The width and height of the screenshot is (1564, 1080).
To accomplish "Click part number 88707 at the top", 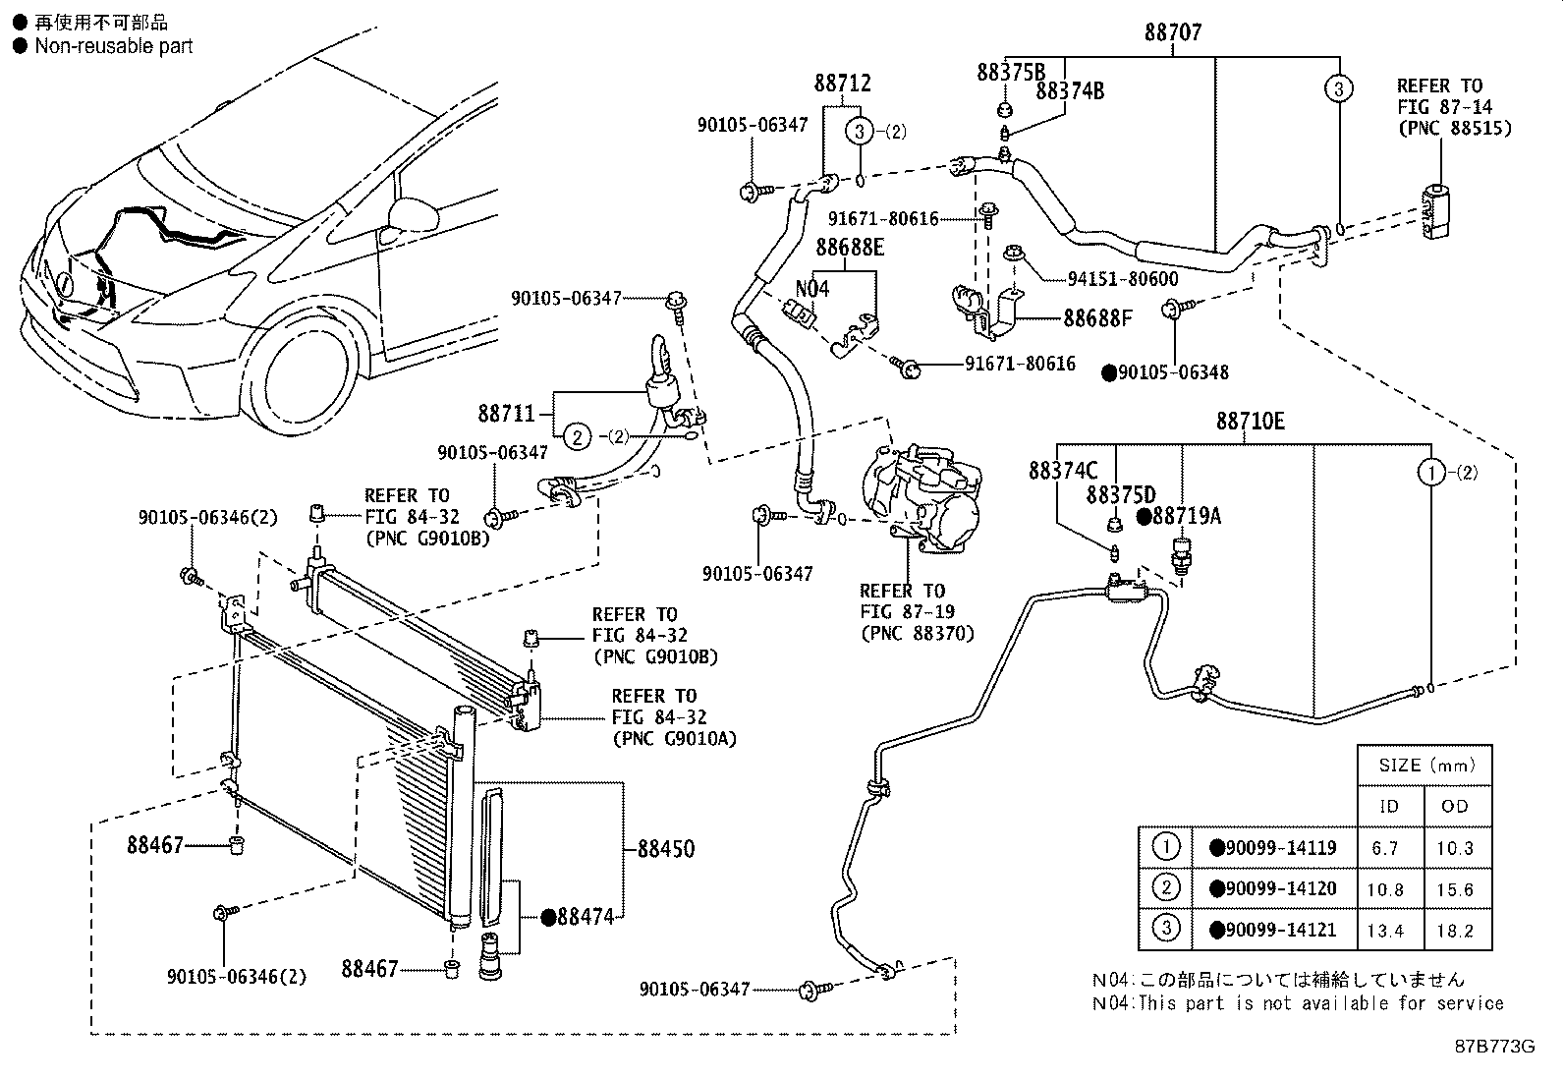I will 1172,32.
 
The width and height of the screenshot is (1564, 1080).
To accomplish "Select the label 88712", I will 842,85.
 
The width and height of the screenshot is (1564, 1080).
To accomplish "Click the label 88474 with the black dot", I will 585,917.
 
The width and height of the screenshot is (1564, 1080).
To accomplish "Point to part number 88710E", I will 1250,422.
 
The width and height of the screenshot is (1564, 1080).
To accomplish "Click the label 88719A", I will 1186,516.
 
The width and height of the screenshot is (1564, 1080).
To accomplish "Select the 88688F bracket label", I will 1097,318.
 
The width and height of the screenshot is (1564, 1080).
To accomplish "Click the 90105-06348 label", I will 1172,372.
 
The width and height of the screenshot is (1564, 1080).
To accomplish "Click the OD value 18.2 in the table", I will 1455,931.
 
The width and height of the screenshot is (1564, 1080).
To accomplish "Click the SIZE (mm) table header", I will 1424,766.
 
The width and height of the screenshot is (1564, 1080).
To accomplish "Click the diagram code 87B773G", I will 1494,1046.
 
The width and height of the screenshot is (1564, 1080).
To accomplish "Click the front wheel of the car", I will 301,373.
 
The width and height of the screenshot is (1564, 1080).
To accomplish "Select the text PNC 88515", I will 1454,129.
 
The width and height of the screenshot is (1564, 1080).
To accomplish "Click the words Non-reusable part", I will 113,46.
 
